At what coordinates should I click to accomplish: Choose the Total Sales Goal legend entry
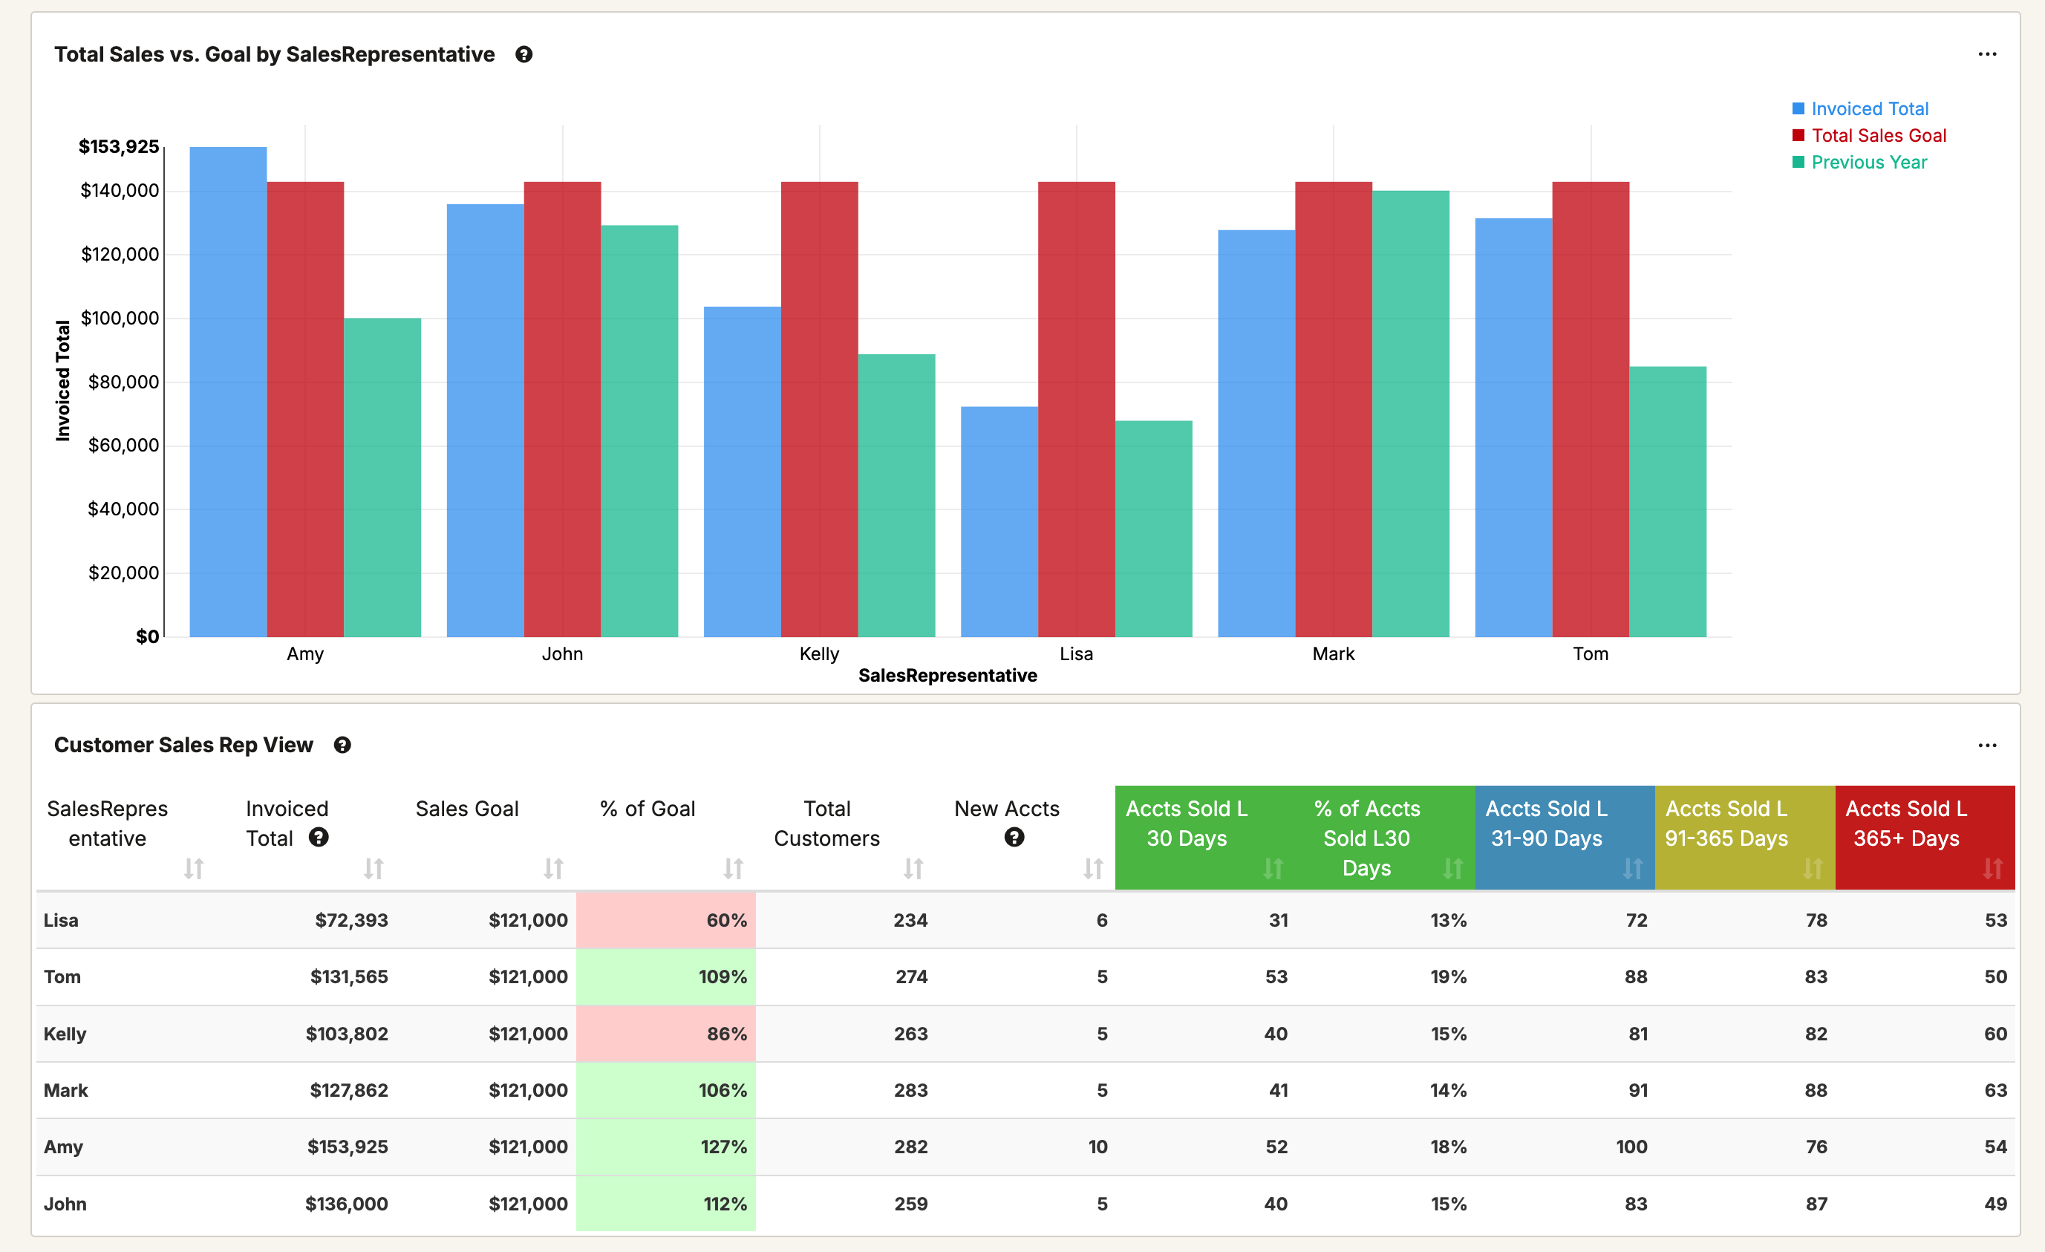pyautogui.click(x=1878, y=135)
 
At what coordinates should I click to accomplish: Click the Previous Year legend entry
pyautogui.click(x=1868, y=162)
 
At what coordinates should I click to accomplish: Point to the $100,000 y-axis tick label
pyautogui.click(x=120, y=318)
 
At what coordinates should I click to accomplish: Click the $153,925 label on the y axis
pyautogui.click(x=119, y=147)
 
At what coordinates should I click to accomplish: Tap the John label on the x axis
pyautogui.click(x=562, y=653)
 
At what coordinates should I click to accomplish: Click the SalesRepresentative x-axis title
pyautogui.click(x=947, y=675)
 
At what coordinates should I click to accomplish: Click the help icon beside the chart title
pyautogui.click(x=524, y=55)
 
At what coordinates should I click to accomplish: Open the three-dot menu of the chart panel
pyautogui.click(x=1987, y=55)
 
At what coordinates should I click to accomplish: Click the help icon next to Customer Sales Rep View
pyautogui.click(x=342, y=746)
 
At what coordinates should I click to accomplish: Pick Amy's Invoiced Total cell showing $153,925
pyautogui.click(x=347, y=1147)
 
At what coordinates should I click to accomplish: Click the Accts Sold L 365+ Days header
pyautogui.click(x=1905, y=824)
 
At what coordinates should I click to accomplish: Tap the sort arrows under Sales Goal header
pyautogui.click(x=554, y=868)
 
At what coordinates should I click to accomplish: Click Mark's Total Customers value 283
pyautogui.click(x=910, y=1090)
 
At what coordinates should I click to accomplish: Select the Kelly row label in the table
pyautogui.click(x=65, y=1034)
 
